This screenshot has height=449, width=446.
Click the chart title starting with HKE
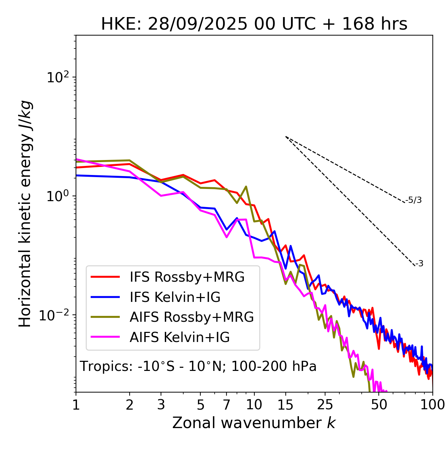click(254, 24)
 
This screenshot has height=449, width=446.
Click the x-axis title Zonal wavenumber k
click(254, 423)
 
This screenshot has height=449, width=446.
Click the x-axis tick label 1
click(76, 405)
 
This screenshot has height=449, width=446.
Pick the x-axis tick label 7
click(226, 405)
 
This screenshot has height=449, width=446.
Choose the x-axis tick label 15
click(285, 405)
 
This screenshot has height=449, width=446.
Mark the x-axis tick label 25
click(325, 405)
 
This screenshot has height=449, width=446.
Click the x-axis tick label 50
click(379, 405)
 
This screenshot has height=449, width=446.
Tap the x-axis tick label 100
click(432, 405)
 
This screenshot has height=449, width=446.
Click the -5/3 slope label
click(414, 200)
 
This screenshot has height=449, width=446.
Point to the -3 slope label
click(419, 264)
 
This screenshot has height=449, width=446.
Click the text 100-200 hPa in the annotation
click(274, 366)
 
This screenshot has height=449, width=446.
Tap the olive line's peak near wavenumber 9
click(246, 187)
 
